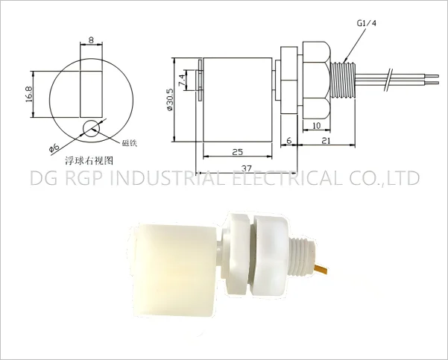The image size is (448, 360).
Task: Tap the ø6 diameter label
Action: click(x=53, y=147)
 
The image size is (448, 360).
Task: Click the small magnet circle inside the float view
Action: click(x=92, y=128)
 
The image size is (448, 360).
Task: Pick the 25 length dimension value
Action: click(x=236, y=151)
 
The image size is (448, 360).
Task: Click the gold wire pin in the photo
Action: click(x=322, y=266)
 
